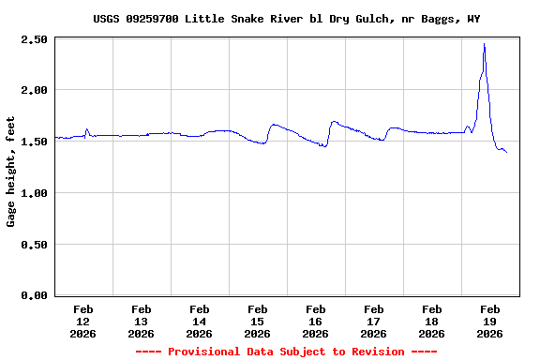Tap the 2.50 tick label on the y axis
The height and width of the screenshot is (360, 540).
pyautogui.click(x=34, y=39)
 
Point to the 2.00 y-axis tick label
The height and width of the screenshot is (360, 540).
pyautogui.click(x=34, y=90)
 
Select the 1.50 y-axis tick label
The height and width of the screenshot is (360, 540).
pyautogui.click(x=34, y=142)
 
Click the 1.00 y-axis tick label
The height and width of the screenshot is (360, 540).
pyautogui.click(x=34, y=193)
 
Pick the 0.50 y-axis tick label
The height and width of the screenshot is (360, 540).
pyautogui.click(x=34, y=244)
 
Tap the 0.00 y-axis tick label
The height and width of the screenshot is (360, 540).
pyautogui.click(x=34, y=295)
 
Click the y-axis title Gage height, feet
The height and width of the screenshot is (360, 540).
pyautogui.click(x=11, y=178)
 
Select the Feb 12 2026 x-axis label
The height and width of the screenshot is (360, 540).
pyautogui.click(x=83, y=321)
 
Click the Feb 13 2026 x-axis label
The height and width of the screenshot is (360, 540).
pyautogui.click(x=142, y=321)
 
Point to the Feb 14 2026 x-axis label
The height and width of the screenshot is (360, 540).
pyautogui.click(x=200, y=321)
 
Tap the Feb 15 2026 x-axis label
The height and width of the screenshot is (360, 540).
pyautogui.click(x=258, y=321)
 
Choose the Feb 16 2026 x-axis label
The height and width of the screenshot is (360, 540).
pyautogui.click(x=316, y=321)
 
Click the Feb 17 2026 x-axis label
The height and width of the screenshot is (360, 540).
pyautogui.click(x=374, y=321)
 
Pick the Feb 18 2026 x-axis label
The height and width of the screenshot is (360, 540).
pyautogui.click(x=432, y=321)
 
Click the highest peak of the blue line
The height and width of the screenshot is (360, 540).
pyautogui.click(x=484, y=44)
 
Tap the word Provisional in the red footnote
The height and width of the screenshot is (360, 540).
pyautogui.click(x=204, y=352)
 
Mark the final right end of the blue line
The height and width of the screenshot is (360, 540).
pyautogui.click(x=507, y=152)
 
